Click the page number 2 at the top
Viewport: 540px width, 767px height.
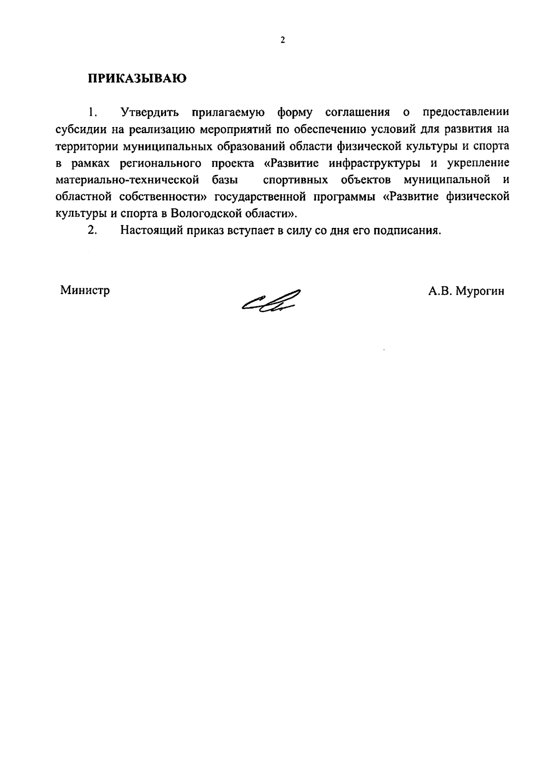[x=283, y=41]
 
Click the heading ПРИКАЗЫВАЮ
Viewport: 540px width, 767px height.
[x=137, y=78]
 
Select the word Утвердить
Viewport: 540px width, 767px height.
[x=150, y=112]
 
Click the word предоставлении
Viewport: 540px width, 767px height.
[x=466, y=112]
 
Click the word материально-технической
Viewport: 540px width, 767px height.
[x=127, y=180]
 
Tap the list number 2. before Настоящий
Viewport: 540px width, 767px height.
[x=92, y=231]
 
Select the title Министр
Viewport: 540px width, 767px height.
[x=85, y=290]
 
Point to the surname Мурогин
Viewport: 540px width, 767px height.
[x=480, y=291]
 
